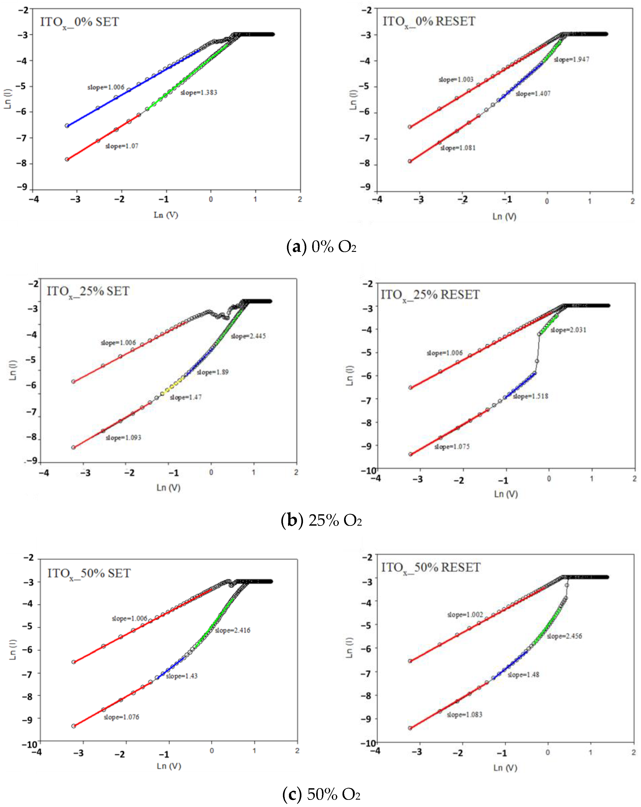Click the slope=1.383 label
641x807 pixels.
click(x=199, y=92)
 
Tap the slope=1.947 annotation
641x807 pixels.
click(x=571, y=60)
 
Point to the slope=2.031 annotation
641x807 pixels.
click(x=568, y=330)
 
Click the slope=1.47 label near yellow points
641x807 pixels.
click(x=185, y=397)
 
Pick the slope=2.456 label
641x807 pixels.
click(x=564, y=636)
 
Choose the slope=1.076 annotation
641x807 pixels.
click(x=121, y=717)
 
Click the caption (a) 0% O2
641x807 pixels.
click(x=321, y=247)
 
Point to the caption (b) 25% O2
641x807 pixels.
click(x=321, y=520)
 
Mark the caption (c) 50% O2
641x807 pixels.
click(x=321, y=794)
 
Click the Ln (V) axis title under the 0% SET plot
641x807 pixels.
click(x=166, y=215)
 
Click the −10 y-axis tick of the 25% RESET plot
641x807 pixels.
click(x=368, y=470)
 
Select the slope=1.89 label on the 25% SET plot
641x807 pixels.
click(x=212, y=372)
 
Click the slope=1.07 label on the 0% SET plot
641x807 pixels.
click(x=122, y=146)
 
